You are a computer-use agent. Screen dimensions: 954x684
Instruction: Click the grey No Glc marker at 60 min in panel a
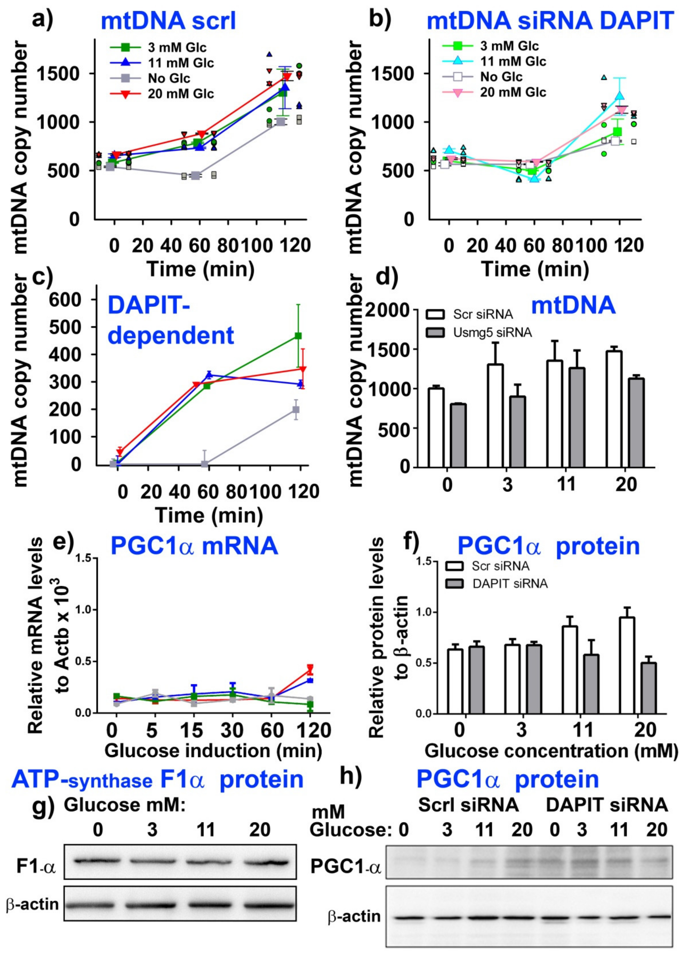[x=195, y=175]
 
